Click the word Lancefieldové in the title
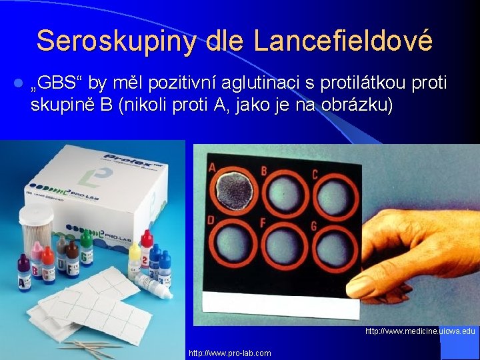(344, 41)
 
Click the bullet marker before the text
(18, 84)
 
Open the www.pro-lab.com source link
(230, 353)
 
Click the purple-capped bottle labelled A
(24, 273)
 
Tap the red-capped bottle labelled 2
(147, 248)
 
